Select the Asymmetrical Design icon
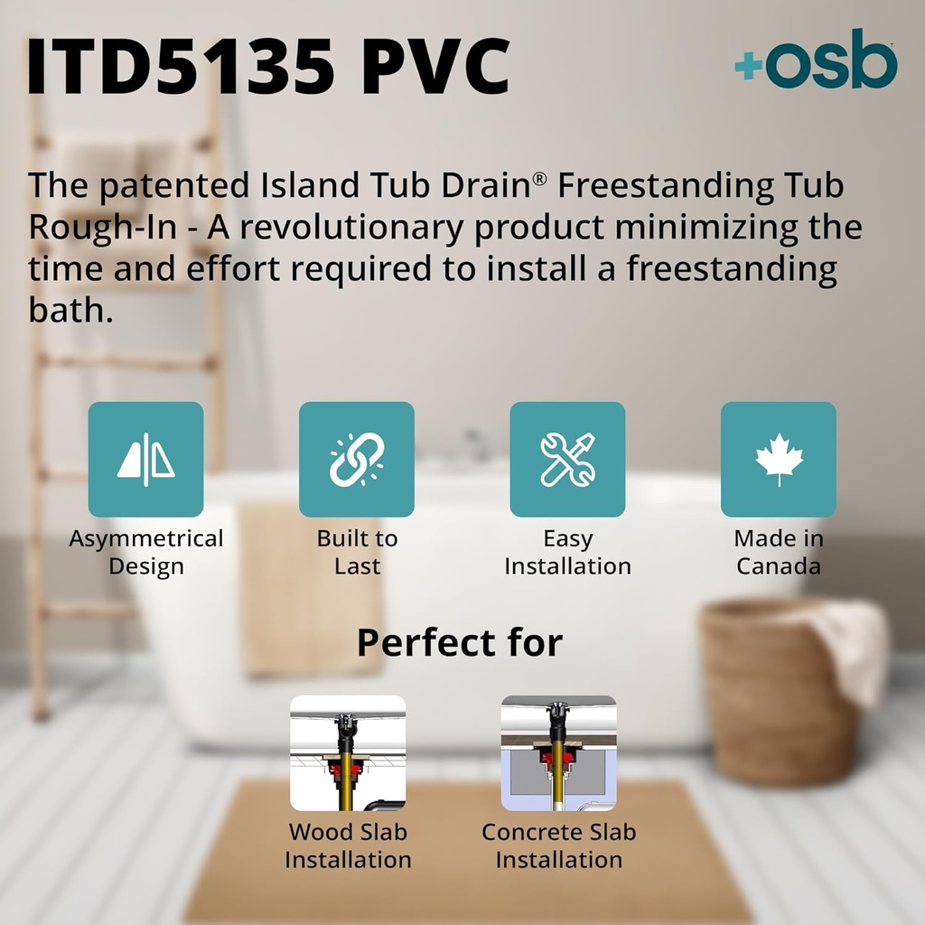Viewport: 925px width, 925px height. [x=145, y=459]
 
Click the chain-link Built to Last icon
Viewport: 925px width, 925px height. [x=357, y=459]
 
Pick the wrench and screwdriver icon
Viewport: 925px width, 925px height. [x=567, y=459]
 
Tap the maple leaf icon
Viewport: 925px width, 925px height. [x=778, y=459]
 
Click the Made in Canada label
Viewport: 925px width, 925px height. [x=778, y=552]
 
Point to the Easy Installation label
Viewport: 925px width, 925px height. [x=567, y=552]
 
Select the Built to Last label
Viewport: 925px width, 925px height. [x=357, y=552]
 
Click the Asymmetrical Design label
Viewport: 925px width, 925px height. [x=145, y=552]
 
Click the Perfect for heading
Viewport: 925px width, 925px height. [x=460, y=642]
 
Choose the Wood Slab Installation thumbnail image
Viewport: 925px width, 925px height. [x=348, y=752]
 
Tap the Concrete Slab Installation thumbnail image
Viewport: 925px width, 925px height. [x=559, y=752]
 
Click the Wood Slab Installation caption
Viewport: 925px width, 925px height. [x=348, y=846]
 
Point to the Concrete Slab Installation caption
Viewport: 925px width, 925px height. [x=559, y=846]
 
